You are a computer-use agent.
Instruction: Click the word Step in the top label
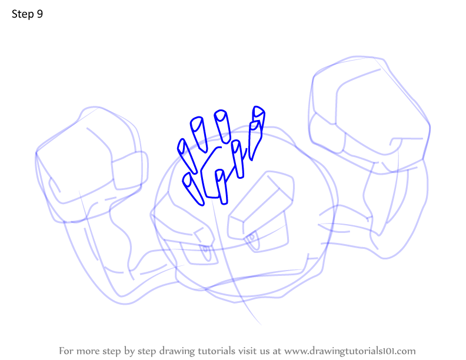(23, 14)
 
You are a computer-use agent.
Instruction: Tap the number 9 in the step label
(40, 14)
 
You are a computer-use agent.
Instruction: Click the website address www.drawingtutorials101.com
(350, 351)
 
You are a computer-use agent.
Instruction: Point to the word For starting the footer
(66, 351)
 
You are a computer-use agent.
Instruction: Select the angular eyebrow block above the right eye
(261, 205)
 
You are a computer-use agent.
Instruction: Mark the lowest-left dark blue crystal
(193, 189)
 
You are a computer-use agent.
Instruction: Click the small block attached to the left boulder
(129, 171)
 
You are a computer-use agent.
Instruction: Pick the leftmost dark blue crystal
(187, 156)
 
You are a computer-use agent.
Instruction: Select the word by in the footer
(129, 352)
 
